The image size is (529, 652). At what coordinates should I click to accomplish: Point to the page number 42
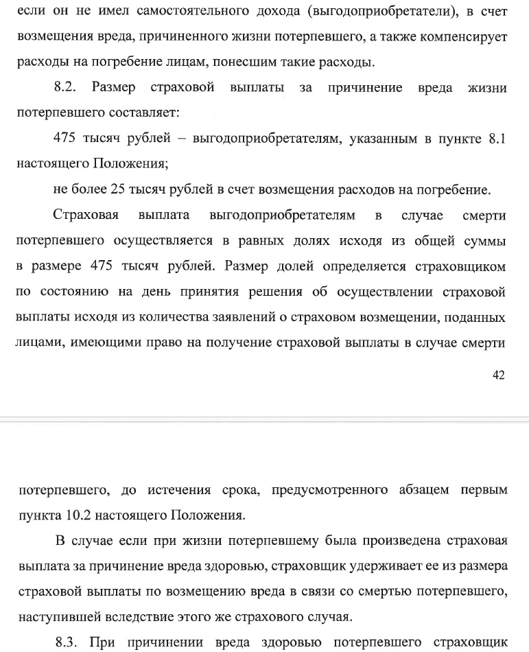coord(499,374)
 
